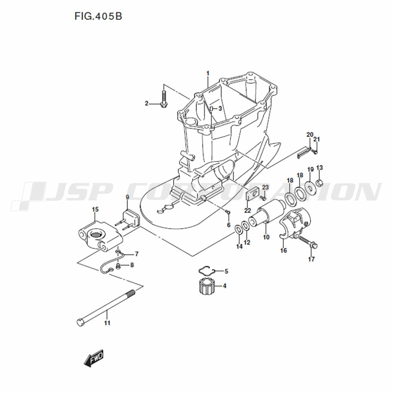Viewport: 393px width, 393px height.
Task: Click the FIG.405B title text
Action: pos(98,16)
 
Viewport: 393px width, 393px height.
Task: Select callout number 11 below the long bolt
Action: pos(107,323)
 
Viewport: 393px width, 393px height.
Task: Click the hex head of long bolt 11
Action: pos(80,322)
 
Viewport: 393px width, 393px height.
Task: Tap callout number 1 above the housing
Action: pos(208,73)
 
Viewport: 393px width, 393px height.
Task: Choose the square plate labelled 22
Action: pos(252,194)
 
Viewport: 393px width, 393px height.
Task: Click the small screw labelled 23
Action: pos(263,198)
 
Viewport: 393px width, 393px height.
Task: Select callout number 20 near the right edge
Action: pos(310,134)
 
